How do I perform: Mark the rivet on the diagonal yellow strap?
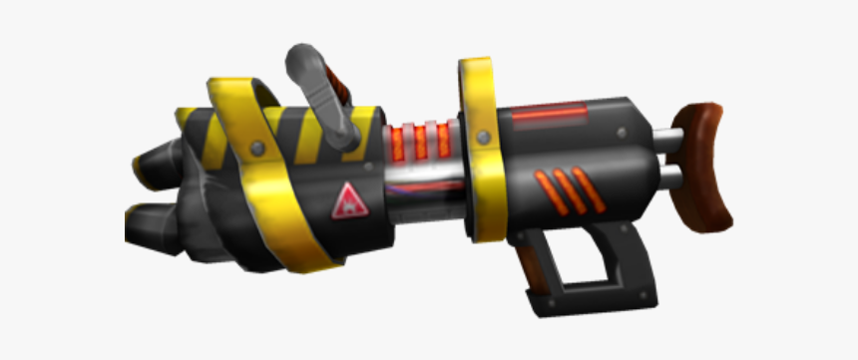coord(256,148)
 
